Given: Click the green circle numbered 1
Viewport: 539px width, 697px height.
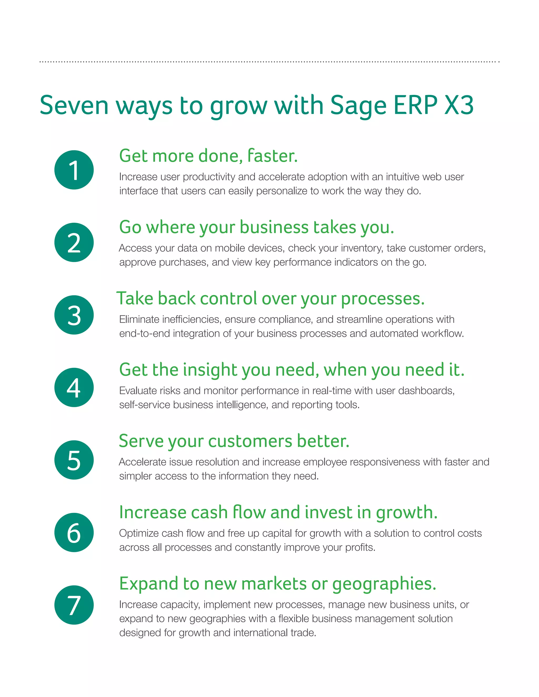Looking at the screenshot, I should click(74, 170).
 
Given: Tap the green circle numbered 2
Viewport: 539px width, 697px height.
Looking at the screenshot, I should click(74, 242).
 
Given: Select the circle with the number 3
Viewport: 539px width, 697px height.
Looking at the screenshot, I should click(74, 315).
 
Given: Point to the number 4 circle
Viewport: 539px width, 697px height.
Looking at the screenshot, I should click(74, 387).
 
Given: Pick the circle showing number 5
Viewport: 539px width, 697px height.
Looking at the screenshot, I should click(74, 460).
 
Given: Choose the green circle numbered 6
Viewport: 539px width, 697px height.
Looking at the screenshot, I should click(74, 532).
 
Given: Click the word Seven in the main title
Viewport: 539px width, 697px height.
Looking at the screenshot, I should click(74, 105).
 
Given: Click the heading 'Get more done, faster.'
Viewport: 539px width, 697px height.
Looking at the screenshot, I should click(208, 156).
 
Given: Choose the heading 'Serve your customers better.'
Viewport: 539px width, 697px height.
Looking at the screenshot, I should click(234, 441).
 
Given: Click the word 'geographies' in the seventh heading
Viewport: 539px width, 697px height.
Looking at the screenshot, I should click(384, 584).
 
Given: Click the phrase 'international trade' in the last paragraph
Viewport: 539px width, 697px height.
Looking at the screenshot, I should click(275, 633).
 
